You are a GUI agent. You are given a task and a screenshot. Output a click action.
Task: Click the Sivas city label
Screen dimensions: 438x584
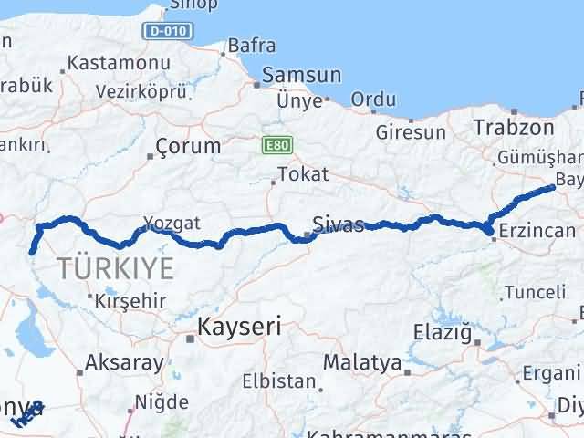[x=338, y=224]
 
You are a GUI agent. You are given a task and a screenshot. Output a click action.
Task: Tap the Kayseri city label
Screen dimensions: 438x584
[x=240, y=327]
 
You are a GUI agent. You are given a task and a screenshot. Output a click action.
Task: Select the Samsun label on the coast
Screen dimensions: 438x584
[x=301, y=77]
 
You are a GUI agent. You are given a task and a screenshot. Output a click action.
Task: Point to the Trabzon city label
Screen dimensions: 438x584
[x=514, y=128]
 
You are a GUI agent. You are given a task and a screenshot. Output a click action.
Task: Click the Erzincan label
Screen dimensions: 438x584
[x=537, y=233]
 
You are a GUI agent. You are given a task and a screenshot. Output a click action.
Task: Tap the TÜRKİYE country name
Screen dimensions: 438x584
[x=116, y=268]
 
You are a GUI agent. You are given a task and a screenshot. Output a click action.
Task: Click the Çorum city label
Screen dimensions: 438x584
[x=188, y=146]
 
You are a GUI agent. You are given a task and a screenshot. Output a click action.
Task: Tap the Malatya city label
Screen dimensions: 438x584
[x=362, y=362]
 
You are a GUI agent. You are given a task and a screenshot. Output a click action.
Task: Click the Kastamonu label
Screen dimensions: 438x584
[x=107, y=64]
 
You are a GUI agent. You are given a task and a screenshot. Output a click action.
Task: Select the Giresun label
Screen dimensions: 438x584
[x=412, y=132]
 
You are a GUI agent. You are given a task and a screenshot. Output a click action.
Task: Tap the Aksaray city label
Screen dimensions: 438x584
[x=124, y=361]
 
